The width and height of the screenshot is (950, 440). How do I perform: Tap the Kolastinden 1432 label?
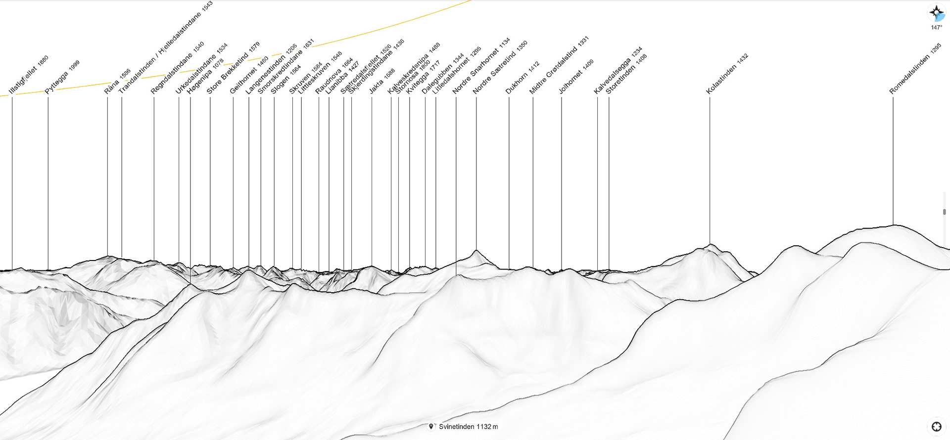coord(726,74)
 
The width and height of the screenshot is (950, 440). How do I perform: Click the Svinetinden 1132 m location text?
coord(468,427)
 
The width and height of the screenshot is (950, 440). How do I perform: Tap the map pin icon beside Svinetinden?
coord(431,427)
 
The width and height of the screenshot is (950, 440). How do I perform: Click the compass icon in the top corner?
coord(936,13)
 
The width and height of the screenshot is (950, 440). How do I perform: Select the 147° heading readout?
coord(936,28)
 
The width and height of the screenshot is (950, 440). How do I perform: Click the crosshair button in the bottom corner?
coord(936,427)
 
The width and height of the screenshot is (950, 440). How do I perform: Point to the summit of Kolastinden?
coord(710,245)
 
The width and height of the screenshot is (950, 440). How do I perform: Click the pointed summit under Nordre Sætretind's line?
coord(476,251)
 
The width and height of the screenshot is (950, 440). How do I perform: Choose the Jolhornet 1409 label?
coord(575,77)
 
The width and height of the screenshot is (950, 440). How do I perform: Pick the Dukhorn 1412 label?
coord(522,78)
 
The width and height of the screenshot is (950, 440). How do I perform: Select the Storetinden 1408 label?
coord(626,74)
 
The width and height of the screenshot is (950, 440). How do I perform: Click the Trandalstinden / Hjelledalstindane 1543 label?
coord(165,47)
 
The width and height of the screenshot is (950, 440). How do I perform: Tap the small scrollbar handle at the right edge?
coord(945,212)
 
